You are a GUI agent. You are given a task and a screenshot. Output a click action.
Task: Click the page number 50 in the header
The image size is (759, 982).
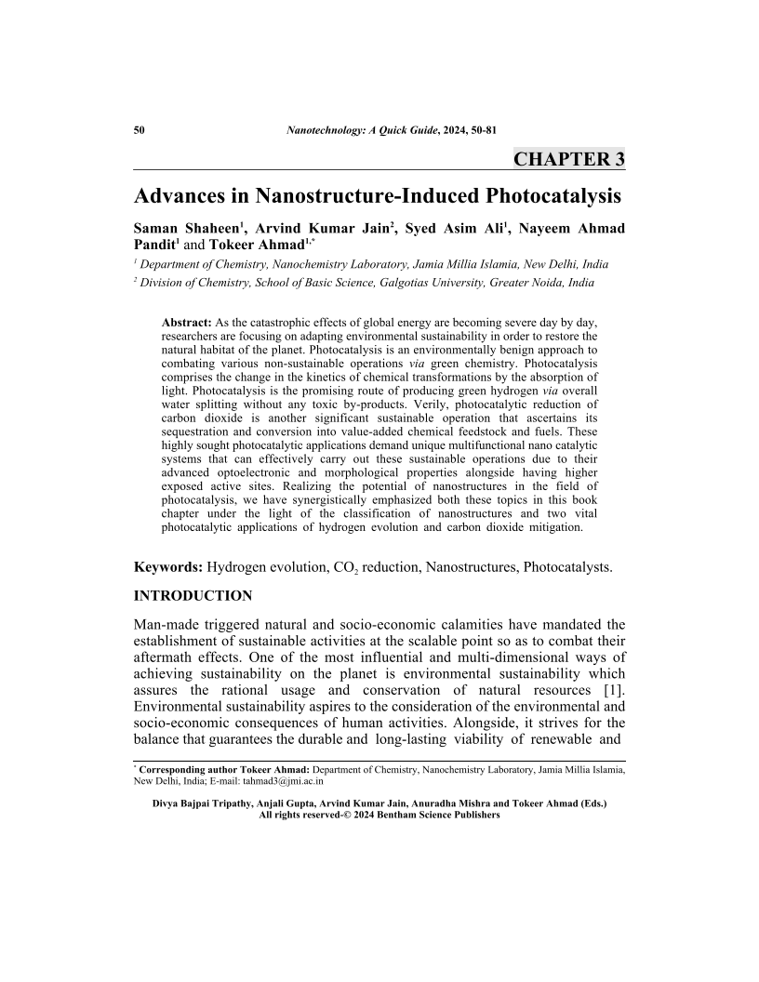point(140,128)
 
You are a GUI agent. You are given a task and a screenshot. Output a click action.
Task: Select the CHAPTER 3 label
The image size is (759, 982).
point(568,158)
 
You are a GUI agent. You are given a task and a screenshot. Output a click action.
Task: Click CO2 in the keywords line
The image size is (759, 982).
point(332,567)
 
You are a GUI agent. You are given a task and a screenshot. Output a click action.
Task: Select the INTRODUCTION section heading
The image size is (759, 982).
point(193,595)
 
